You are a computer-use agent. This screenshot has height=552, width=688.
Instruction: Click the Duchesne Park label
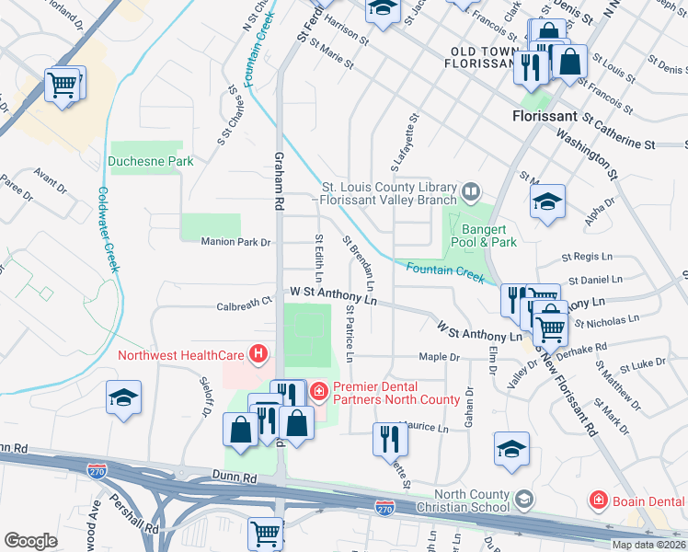click(150, 161)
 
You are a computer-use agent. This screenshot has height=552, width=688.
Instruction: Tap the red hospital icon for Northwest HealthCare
click(259, 353)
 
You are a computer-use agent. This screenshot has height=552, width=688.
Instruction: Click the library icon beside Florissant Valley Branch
click(471, 192)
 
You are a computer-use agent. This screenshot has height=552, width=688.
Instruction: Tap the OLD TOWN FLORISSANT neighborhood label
click(487, 58)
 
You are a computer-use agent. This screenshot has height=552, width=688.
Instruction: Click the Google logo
click(31, 541)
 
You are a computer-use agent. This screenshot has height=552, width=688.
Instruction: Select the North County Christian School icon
click(522, 500)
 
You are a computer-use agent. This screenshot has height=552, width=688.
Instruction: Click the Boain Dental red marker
click(598, 500)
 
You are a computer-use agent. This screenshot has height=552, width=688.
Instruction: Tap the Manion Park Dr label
click(236, 242)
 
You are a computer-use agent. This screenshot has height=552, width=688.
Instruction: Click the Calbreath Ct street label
click(245, 300)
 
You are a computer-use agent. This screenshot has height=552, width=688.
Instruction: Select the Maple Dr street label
click(439, 356)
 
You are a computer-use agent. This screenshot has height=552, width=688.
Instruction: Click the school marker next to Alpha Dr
click(547, 201)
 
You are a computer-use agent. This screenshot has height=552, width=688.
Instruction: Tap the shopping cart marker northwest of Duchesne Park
click(63, 86)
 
